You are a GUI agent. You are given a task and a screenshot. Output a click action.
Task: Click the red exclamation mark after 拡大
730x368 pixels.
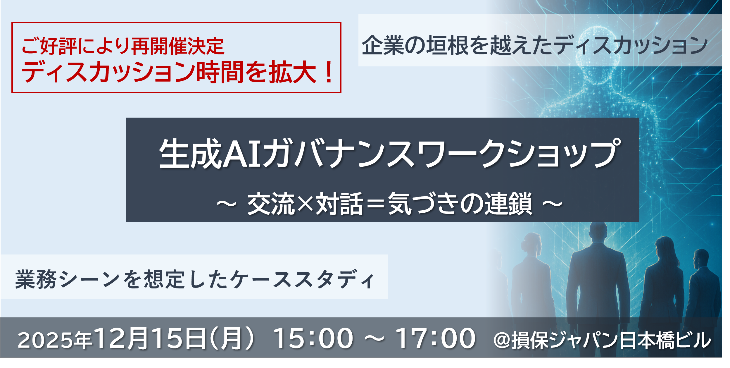pyautogui.click(x=329, y=72)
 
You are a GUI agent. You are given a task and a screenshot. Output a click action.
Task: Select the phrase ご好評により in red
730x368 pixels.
pyautogui.click(x=76, y=46)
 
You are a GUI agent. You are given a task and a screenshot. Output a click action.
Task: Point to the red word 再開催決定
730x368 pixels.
pyautogui.click(x=178, y=46)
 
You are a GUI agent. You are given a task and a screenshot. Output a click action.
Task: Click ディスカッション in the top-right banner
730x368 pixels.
pyautogui.click(x=630, y=45)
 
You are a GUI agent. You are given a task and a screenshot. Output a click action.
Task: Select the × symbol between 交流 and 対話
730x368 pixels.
pyautogui.click(x=305, y=203)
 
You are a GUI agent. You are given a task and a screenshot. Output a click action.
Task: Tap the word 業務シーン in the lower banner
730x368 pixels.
pyautogui.click(x=68, y=279)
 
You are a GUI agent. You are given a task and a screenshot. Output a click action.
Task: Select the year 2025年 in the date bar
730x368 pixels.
pyautogui.click(x=55, y=340)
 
